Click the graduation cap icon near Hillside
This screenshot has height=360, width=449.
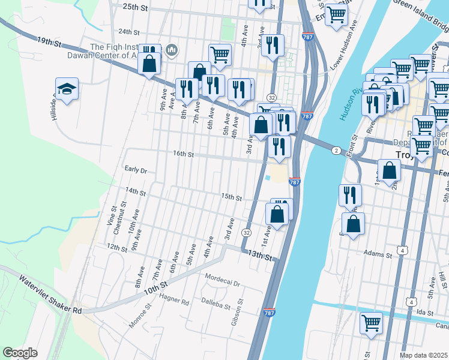click(x=67, y=89)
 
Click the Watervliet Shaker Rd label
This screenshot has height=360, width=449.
click(x=50, y=295)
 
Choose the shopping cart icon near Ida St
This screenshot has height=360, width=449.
click(x=371, y=322)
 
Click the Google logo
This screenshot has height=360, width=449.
click(x=20, y=353)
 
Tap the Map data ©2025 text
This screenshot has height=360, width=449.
click(x=424, y=355)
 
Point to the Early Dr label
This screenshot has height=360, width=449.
click(x=135, y=170)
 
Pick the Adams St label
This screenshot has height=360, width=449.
click(x=378, y=254)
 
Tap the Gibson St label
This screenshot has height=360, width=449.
click(x=238, y=315)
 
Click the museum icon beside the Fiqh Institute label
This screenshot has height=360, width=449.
click(x=172, y=50)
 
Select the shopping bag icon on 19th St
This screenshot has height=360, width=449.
click(x=149, y=62)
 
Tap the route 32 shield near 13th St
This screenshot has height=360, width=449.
click(x=246, y=232)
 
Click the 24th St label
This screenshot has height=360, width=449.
click(x=128, y=32)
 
